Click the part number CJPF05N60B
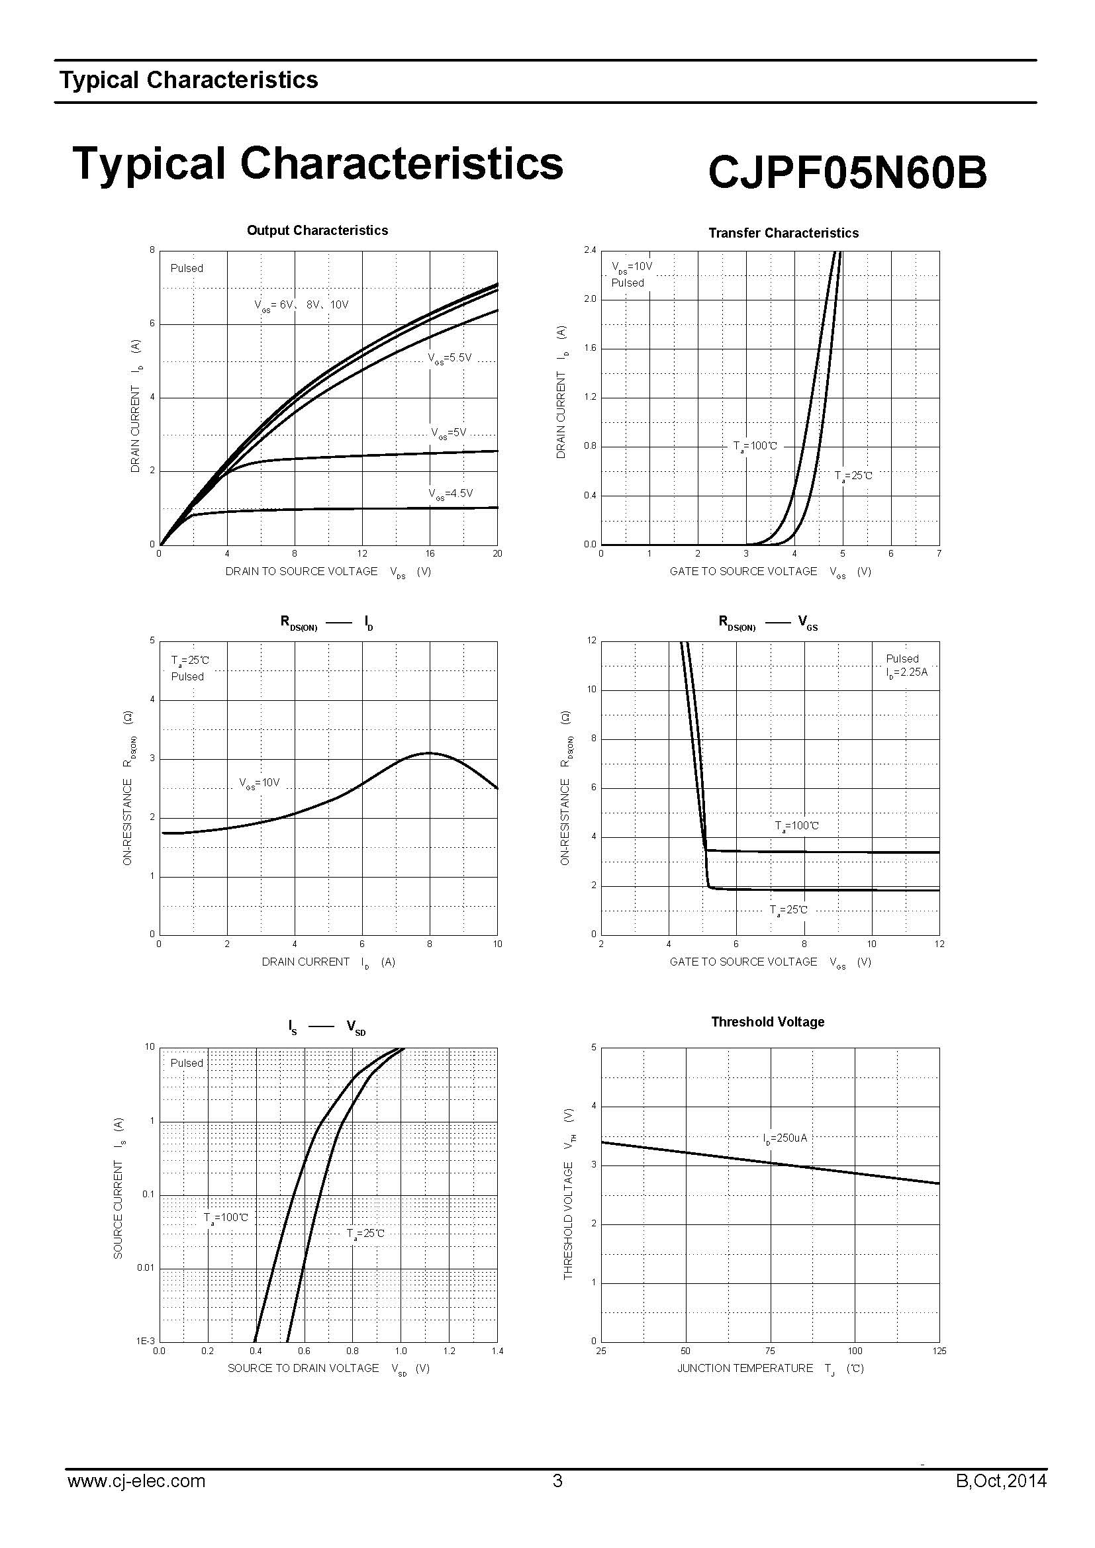pos(847,173)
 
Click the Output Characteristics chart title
pos(317,230)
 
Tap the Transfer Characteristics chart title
pos(783,233)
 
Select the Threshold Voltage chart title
pos(767,1022)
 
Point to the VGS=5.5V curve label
pos(450,358)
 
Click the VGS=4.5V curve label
pos(450,494)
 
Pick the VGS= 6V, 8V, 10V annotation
pos(301,305)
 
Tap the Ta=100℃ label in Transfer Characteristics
pos(755,446)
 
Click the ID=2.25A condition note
pos(907,672)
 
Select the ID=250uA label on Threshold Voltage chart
pos(785,1139)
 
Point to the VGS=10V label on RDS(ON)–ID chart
pos(259,784)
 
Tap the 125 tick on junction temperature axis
pos(939,1351)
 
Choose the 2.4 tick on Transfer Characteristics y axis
pos(590,250)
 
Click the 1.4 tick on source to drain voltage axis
pos(497,1351)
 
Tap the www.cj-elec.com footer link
pos(136,1481)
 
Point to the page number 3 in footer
pos(557,1481)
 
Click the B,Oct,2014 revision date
pos(1000,1481)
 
